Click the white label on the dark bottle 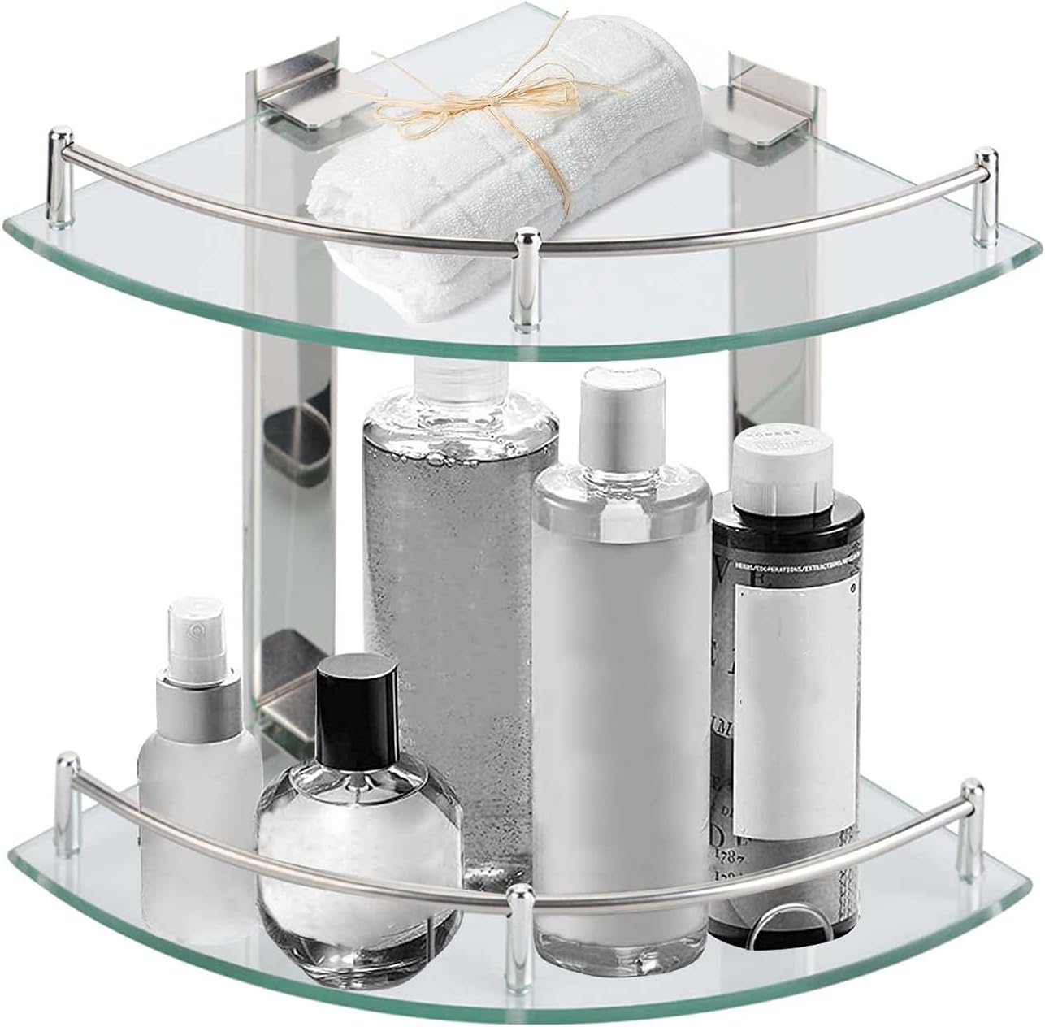(x=782, y=642)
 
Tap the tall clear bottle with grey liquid (x=459, y=569)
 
